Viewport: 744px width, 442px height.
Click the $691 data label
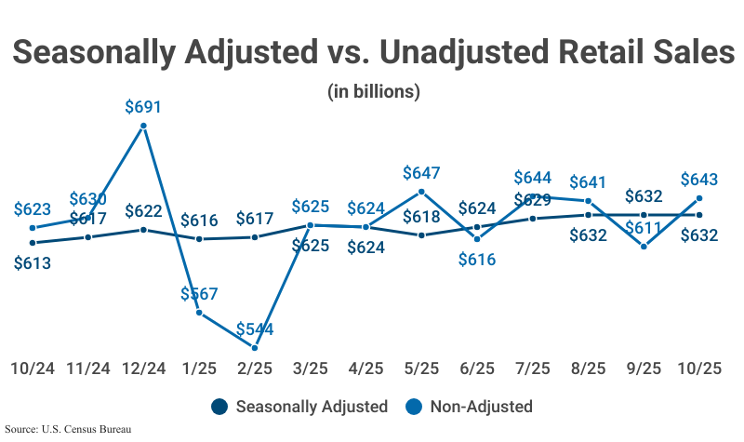pyautogui.click(x=143, y=107)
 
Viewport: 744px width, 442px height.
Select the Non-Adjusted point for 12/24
pyautogui.click(x=143, y=127)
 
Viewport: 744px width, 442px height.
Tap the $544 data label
pyautogui.click(x=254, y=328)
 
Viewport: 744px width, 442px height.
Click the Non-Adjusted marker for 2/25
pyautogui.click(x=255, y=348)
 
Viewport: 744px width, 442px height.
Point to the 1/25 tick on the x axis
pyautogui.click(x=199, y=368)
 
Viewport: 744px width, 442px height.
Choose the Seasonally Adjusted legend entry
pyautogui.click(x=299, y=407)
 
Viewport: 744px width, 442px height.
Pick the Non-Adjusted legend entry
pyautogui.click(x=470, y=407)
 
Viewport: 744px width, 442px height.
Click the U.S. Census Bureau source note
pyautogui.click(x=66, y=430)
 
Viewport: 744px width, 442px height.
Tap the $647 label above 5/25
pyautogui.click(x=421, y=172)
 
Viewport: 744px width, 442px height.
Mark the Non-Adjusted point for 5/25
pyautogui.click(x=421, y=192)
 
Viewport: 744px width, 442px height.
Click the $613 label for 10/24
pyautogui.click(x=33, y=262)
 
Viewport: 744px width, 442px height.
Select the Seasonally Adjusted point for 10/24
pyautogui.click(x=33, y=243)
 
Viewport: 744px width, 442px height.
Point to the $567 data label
pyautogui.click(x=199, y=294)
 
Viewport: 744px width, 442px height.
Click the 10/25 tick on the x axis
pyautogui.click(x=698, y=368)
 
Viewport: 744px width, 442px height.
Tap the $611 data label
pyautogui.click(x=644, y=227)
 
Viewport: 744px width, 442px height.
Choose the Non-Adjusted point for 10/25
pyautogui.click(x=698, y=198)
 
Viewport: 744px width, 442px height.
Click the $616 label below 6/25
pyautogui.click(x=477, y=260)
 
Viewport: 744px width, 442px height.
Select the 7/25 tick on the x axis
pyautogui.click(x=532, y=368)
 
